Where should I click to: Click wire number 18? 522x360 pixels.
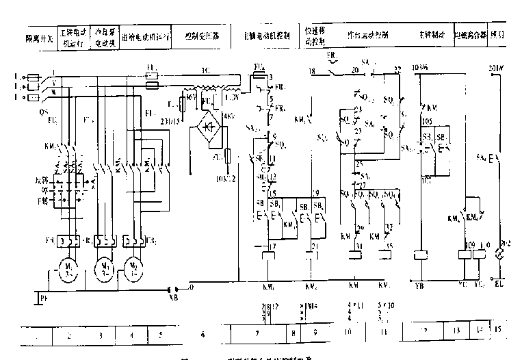(312, 70)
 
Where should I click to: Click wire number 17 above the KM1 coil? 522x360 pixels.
(272, 246)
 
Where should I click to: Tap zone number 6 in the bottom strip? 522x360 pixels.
(202, 335)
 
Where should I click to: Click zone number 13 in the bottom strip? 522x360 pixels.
(455, 331)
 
